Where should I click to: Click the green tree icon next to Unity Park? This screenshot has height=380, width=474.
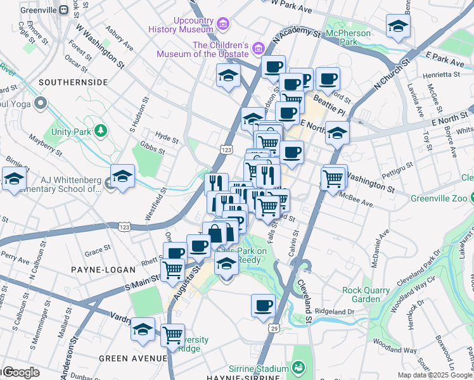(x=100, y=130)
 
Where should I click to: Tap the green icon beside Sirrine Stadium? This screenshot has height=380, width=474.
(x=297, y=367)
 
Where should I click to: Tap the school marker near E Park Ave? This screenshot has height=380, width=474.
(x=398, y=27)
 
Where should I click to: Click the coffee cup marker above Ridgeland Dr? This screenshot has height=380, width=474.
(x=264, y=306)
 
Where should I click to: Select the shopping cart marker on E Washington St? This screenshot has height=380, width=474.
(x=333, y=178)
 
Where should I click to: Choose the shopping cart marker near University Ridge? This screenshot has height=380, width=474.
(x=172, y=335)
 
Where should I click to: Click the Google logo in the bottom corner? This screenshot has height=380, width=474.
(x=20, y=372)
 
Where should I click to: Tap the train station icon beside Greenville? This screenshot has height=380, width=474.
(x=64, y=10)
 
